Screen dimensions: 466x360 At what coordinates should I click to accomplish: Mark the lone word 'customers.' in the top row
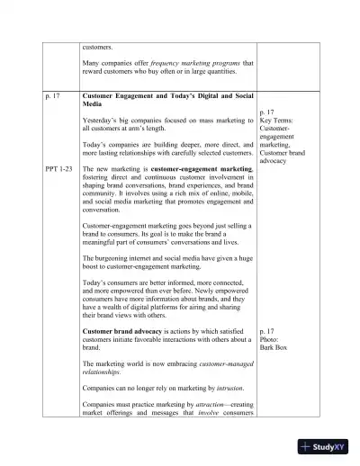pos(97,46)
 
